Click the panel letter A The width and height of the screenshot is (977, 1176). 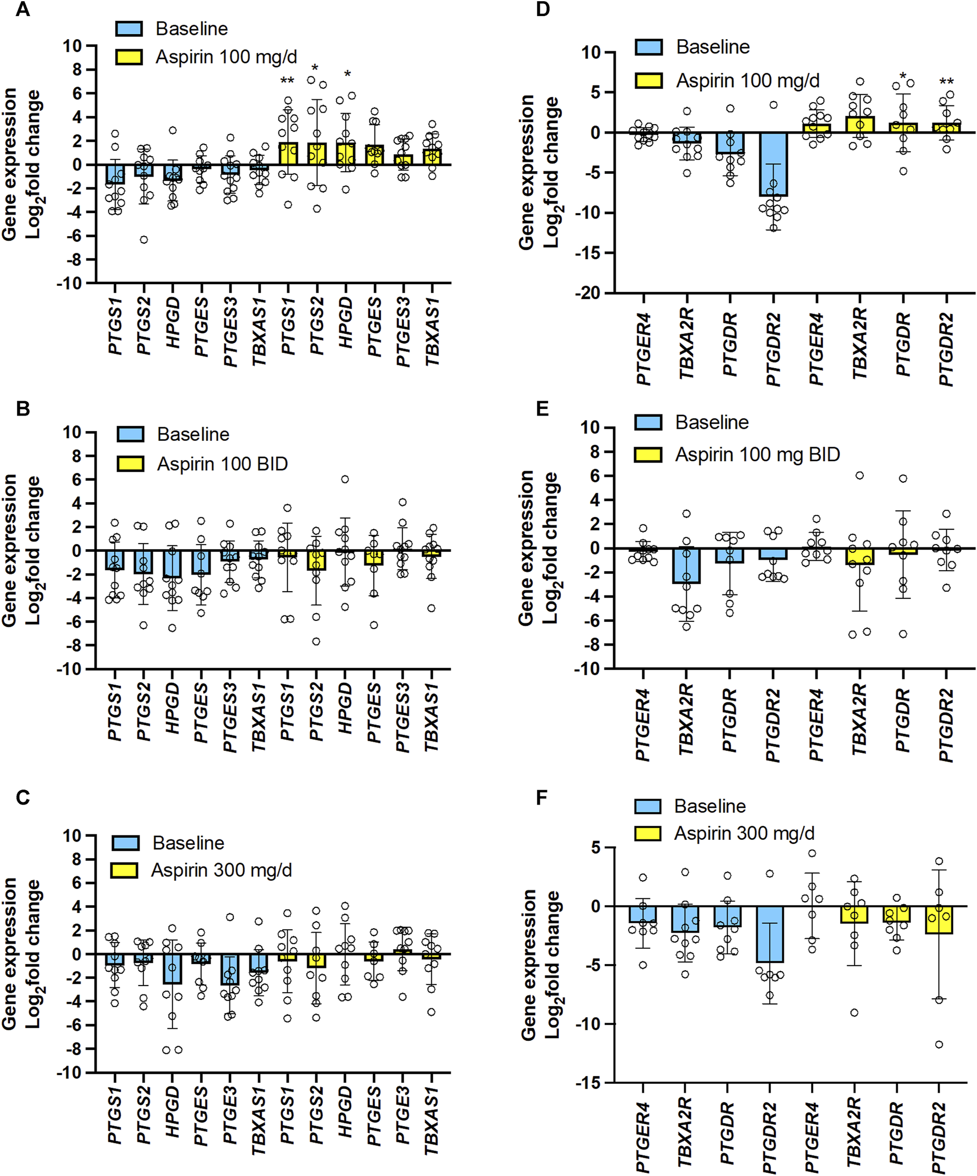pyautogui.click(x=23, y=9)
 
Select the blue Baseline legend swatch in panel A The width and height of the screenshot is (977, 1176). pyautogui.click(x=128, y=29)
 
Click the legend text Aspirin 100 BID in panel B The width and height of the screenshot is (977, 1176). pyautogui.click(x=222, y=464)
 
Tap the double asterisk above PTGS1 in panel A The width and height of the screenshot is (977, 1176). pyautogui.click(x=287, y=81)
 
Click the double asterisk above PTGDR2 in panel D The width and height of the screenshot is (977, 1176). pyautogui.click(x=946, y=82)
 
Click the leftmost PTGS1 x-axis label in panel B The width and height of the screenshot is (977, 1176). pyautogui.click(x=114, y=711)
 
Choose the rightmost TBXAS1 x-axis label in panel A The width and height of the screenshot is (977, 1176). pyautogui.click(x=431, y=332)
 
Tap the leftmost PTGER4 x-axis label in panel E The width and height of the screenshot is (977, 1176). pyautogui.click(x=643, y=725)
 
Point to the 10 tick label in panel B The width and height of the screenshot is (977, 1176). pyautogui.click(x=72, y=432)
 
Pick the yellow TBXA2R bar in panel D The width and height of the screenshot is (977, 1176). pyautogui.click(x=860, y=124)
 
